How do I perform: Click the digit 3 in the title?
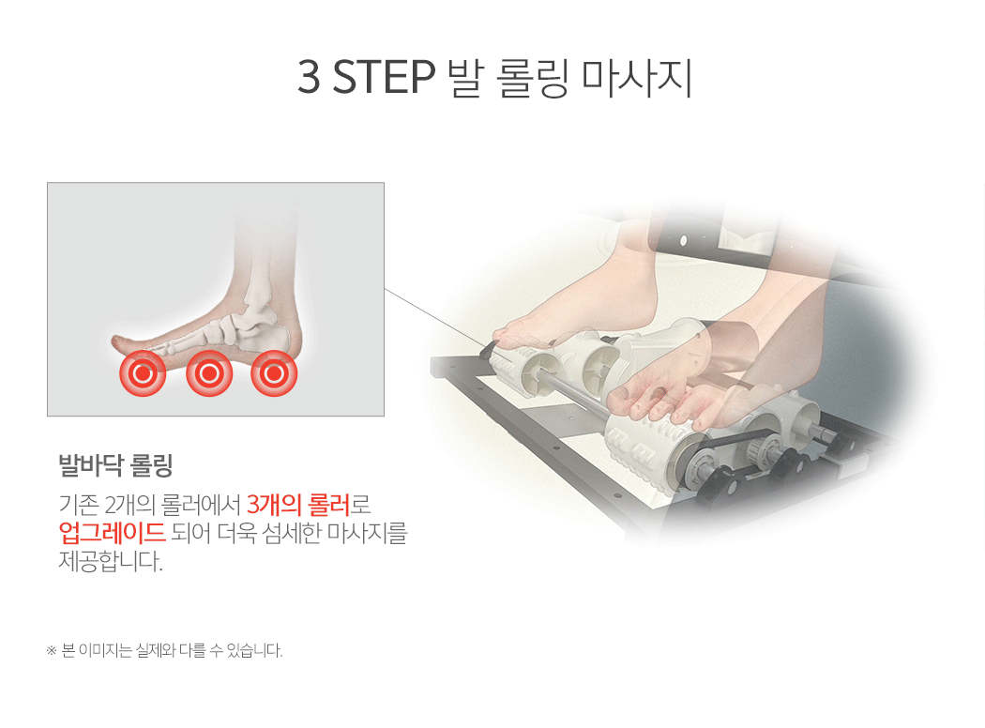(x=308, y=77)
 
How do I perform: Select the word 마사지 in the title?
(x=636, y=78)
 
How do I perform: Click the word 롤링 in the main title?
(x=532, y=78)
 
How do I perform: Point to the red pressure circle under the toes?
(x=143, y=373)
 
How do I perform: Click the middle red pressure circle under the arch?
(x=209, y=373)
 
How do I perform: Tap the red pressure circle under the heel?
(x=274, y=373)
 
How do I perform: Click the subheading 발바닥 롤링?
(x=115, y=465)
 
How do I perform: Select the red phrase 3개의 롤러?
(x=297, y=505)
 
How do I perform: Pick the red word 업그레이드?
(x=112, y=532)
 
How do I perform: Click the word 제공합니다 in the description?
(x=111, y=560)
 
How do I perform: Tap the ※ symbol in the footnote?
(x=52, y=651)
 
